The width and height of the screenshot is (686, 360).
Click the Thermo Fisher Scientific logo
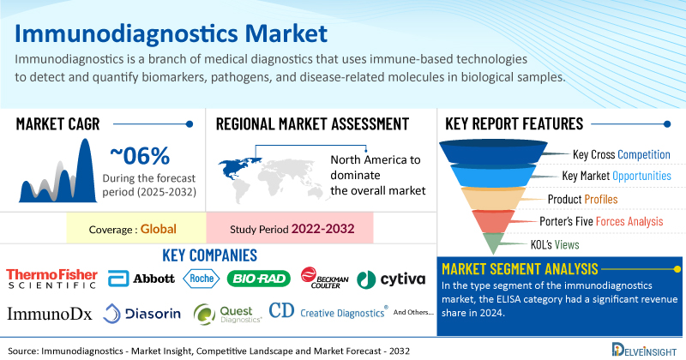tap(51, 279)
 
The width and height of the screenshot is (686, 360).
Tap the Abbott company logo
tap(141, 279)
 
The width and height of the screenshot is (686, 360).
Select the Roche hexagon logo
tap(202, 279)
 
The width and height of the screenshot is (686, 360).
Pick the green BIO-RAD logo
tap(259, 279)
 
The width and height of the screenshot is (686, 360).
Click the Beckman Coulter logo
tap(325, 278)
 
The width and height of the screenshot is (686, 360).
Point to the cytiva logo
tap(391, 279)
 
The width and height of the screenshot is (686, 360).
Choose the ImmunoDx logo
tap(50, 314)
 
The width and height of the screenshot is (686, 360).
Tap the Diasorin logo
tap(141, 313)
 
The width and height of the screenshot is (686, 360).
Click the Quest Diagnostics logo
tap(227, 314)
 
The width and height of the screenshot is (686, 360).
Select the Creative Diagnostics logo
tap(328, 311)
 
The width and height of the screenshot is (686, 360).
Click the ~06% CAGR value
tap(140, 156)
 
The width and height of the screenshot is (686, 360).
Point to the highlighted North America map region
tap(238, 168)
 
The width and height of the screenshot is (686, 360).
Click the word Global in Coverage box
tap(159, 229)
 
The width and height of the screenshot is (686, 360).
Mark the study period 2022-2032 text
tap(323, 229)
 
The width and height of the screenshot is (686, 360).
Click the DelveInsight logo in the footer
tap(644, 350)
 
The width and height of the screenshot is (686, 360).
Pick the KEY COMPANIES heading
tap(209, 255)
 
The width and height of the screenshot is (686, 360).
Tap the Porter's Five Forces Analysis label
tap(601, 221)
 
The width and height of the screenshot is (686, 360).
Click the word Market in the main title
tap(286, 33)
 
